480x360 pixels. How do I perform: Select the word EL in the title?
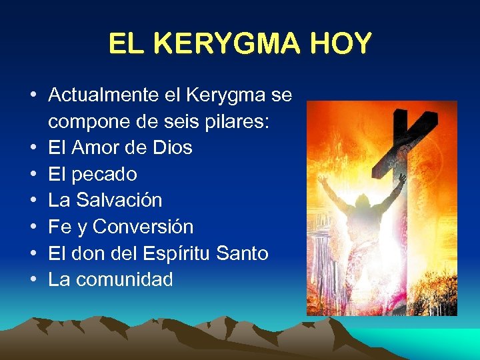(x=125, y=44)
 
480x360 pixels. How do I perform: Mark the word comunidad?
(x=125, y=279)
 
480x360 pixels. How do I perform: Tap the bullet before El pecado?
(x=33, y=175)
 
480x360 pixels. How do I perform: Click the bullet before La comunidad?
(x=33, y=280)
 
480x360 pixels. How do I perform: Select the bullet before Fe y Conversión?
(x=33, y=227)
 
